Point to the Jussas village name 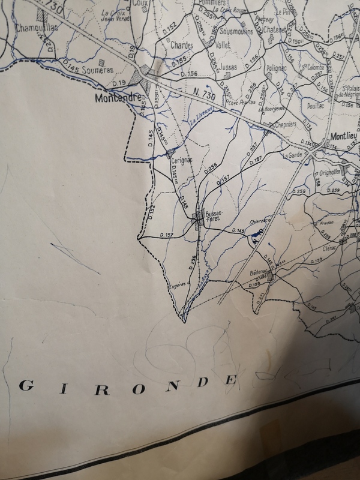tap(229, 67)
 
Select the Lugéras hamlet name tap(178, 284)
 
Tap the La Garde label tap(293, 154)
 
